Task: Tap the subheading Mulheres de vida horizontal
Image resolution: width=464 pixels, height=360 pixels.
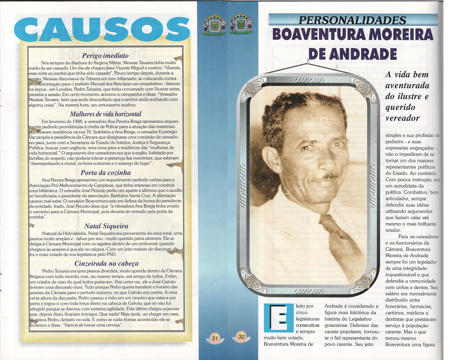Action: point(106,114)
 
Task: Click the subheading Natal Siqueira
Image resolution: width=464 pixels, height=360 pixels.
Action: point(106,225)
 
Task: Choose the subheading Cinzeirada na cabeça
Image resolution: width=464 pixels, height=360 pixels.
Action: point(106,263)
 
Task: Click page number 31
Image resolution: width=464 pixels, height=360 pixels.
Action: point(215,337)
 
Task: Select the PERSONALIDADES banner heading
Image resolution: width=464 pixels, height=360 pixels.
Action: point(353,20)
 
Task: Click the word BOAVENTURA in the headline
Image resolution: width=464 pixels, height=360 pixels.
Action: point(319,35)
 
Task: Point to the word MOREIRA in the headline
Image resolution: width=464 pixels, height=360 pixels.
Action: point(400,35)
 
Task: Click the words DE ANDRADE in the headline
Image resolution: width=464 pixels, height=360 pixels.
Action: point(353,54)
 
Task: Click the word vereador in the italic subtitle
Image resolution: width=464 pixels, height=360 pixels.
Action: point(402,118)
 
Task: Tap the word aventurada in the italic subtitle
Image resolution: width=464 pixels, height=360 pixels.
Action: point(407,86)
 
